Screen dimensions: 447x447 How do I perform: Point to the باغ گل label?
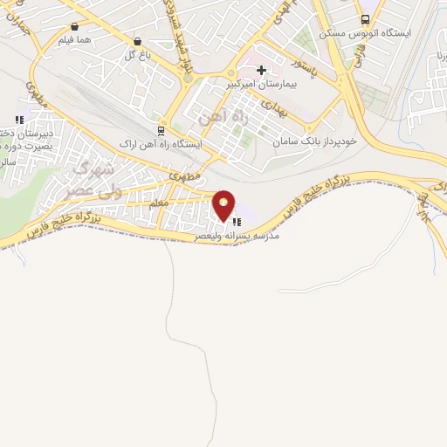[138, 54]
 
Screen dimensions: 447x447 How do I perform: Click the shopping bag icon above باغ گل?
[138, 41]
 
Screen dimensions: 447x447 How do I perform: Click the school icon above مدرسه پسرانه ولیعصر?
[236, 222]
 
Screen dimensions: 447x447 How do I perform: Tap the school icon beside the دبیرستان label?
[18, 120]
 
